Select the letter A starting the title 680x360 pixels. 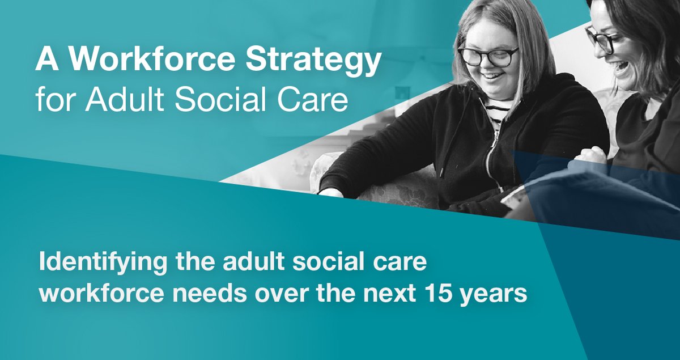pos(45,62)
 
